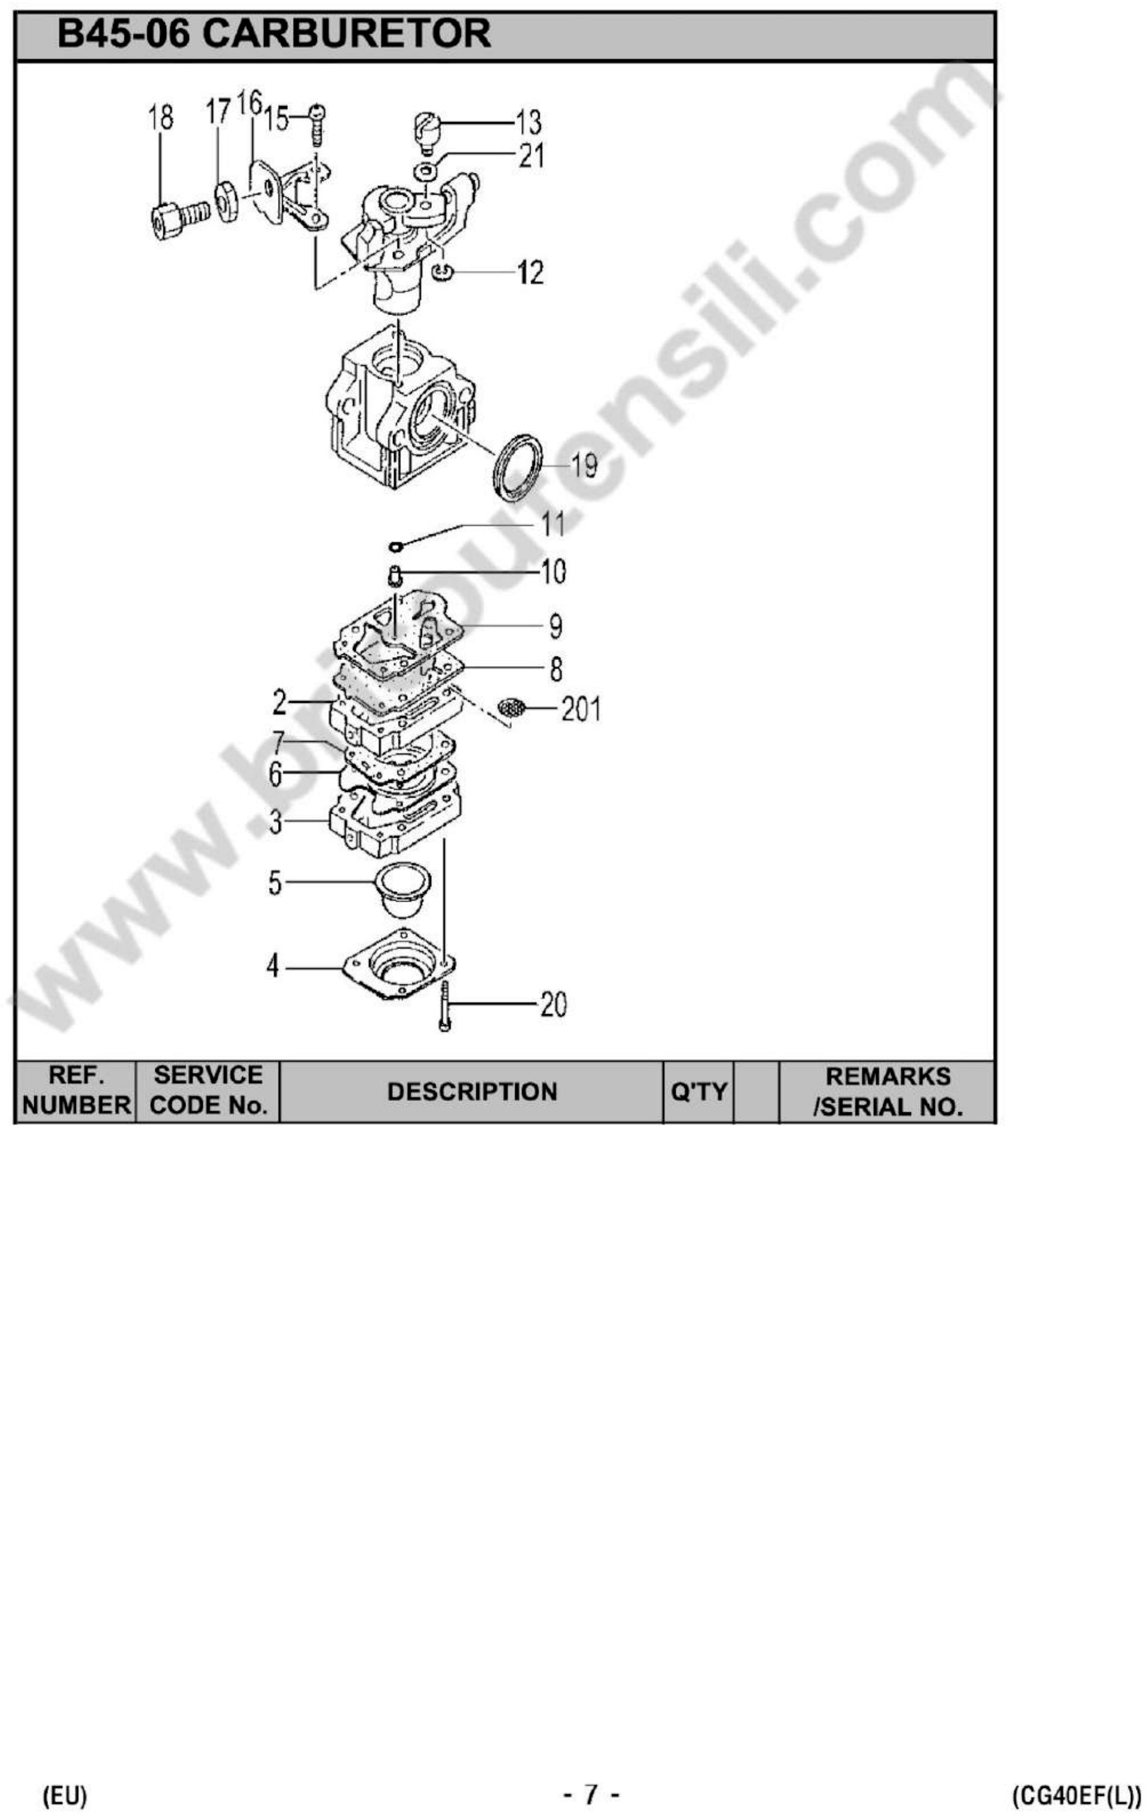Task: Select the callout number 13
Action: [529, 122]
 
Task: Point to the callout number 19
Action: [584, 465]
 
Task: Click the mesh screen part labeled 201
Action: [512, 708]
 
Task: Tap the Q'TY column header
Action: [698, 1091]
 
